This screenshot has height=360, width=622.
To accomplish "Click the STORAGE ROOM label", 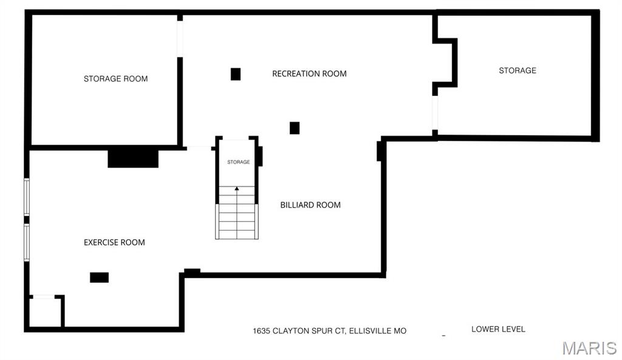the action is [x=115, y=79].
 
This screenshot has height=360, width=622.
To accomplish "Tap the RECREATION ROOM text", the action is [x=309, y=73].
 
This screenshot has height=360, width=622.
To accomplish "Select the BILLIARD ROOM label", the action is [x=310, y=205].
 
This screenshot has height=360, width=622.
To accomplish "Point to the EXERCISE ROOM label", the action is [x=114, y=242].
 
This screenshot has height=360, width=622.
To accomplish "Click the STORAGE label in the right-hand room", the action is [x=518, y=70].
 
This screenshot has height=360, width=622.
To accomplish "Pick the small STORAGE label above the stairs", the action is [x=238, y=162].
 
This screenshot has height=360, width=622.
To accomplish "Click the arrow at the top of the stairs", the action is [x=237, y=189].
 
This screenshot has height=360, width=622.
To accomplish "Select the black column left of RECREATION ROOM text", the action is [x=236, y=74].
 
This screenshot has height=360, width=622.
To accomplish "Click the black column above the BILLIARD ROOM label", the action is [x=295, y=128].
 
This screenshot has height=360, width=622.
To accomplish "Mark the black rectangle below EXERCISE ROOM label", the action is [x=99, y=277].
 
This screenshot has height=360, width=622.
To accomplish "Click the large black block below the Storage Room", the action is [x=133, y=158].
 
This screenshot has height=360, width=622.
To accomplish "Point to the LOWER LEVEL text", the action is [x=498, y=329].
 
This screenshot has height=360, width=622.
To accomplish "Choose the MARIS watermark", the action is [x=589, y=348].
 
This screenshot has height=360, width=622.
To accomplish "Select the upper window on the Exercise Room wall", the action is [x=27, y=197].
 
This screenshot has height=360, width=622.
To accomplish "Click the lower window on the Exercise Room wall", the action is [x=27, y=243].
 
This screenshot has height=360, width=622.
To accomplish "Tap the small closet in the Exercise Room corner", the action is [x=46, y=311].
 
